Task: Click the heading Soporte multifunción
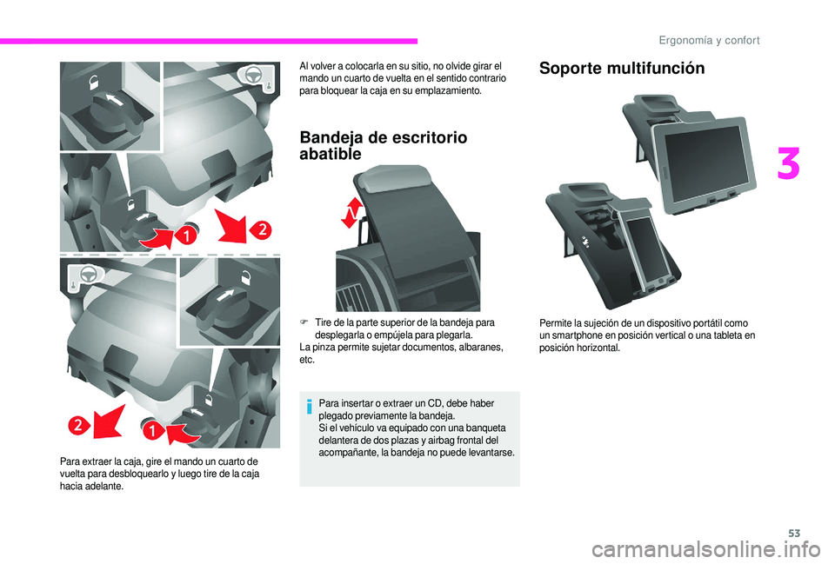(622, 70)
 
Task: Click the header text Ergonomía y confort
(710, 40)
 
